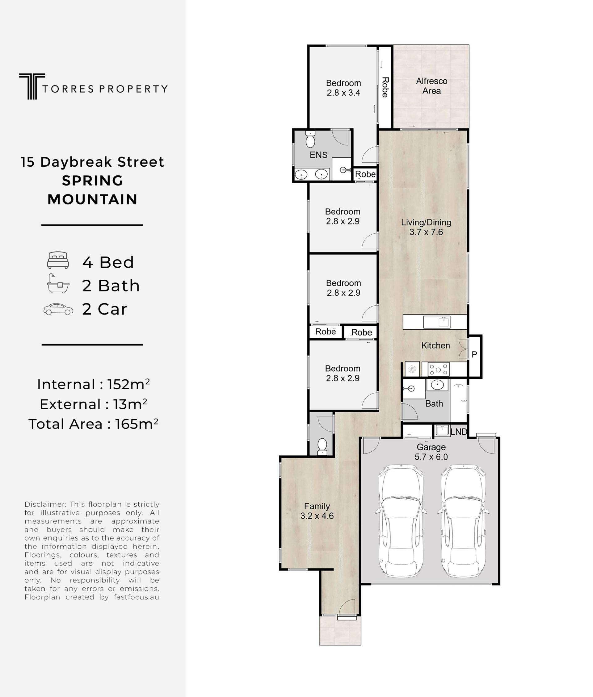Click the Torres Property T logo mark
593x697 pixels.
click(x=32, y=86)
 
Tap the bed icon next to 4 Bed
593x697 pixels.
click(x=58, y=260)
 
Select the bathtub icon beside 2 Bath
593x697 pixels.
click(x=58, y=284)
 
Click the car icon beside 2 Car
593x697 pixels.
click(x=58, y=309)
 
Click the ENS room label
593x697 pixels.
click(x=318, y=155)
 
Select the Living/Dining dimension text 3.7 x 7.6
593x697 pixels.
click(x=426, y=232)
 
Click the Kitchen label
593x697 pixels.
click(x=435, y=345)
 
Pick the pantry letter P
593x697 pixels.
click(x=474, y=354)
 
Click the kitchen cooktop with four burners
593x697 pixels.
click(x=438, y=369)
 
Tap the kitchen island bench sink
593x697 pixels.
click(x=437, y=322)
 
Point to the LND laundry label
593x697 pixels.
click(x=459, y=432)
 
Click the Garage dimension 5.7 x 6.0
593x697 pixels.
click(x=431, y=457)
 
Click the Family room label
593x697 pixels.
click(x=317, y=506)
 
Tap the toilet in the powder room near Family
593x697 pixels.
click(x=322, y=446)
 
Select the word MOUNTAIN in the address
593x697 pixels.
click(x=92, y=199)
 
